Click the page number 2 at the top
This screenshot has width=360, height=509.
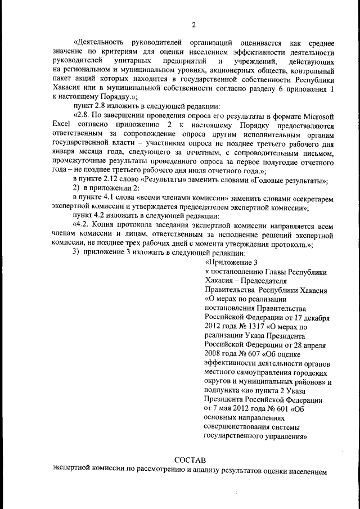[x=193, y=25]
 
